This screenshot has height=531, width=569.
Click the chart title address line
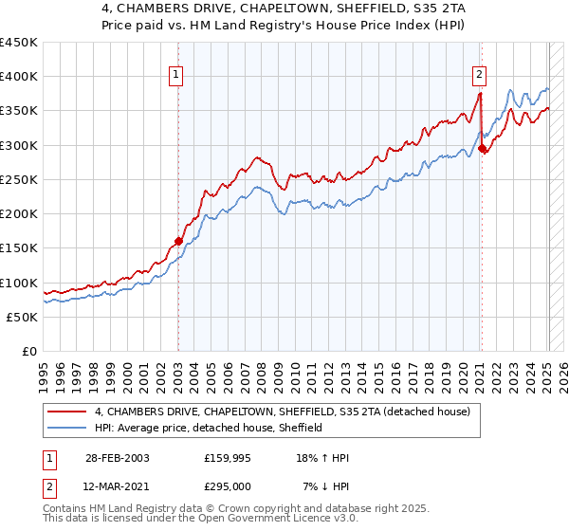pyautogui.click(x=284, y=9)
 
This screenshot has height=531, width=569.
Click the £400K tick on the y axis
pyautogui.click(x=19, y=77)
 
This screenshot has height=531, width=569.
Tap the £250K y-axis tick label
pyautogui.click(x=19, y=179)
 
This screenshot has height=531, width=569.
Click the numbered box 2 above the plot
pyautogui.click(x=480, y=74)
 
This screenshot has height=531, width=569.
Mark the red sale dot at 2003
pyautogui.click(x=178, y=241)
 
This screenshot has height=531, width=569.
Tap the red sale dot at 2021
pyautogui.click(x=482, y=148)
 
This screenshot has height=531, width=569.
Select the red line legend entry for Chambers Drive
pyautogui.click(x=289, y=412)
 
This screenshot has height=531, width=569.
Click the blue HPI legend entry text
pyautogui.click(x=209, y=428)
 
